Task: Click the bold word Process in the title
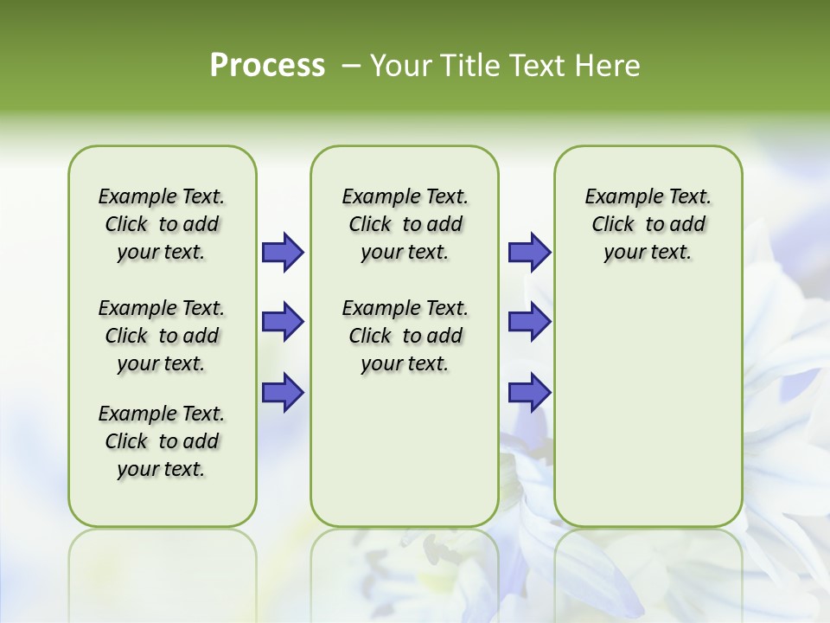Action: [x=267, y=66]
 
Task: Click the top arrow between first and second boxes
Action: [x=283, y=253]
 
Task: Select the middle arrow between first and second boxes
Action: [x=283, y=322]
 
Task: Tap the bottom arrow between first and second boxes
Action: [x=283, y=393]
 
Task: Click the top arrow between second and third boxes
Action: [x=529, y=253]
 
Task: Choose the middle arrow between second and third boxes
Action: [x=529, y=322]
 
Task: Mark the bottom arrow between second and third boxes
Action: [x=529, y=393]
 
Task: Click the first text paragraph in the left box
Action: [x=162, y=224]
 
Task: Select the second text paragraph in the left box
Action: [x=162, y=336]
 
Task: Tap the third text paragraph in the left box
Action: [x=162, y=441]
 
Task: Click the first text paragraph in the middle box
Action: [x=405, y=224]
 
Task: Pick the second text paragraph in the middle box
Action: [x=405, y=336]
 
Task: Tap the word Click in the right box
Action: [x=613, y=225]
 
